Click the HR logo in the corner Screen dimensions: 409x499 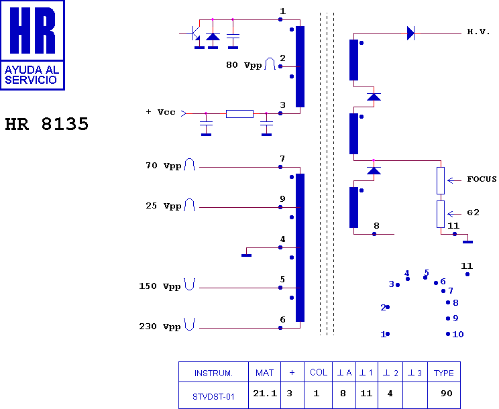coord(32,45)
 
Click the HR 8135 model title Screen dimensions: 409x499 coord(46,125)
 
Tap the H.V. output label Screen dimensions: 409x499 coord(479,32)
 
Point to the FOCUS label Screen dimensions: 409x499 coord(482,179)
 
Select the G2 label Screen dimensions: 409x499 coord(474,213)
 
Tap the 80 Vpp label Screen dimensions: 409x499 coord(244,65)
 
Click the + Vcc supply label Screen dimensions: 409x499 coord(160,112)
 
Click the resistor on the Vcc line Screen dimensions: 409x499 coord(239,114)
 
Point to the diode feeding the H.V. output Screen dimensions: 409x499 coord(410,33)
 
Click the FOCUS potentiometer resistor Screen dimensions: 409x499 coord(441,180)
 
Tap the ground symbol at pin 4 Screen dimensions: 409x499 coord(246,253)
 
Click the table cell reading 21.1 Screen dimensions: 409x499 coord(265,394)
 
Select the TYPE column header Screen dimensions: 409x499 coord(443,372)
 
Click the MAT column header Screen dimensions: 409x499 coord(265,372)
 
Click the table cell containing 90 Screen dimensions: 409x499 coord(446,394)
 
